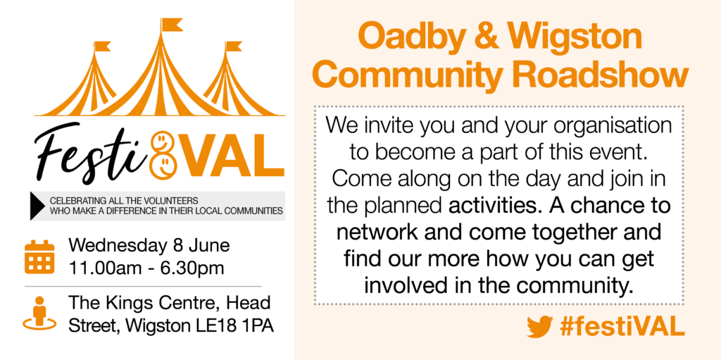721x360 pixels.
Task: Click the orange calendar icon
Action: click(x=39, y=257)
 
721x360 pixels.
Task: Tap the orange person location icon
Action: click(x=39, y=314)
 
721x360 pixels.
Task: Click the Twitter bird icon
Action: click(x=540, y=326)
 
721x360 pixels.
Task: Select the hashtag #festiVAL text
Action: click(x=622, y=326)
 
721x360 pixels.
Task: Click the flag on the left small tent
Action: click(x=102, y=46)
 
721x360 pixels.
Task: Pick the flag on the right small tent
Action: click(x=234, y=46)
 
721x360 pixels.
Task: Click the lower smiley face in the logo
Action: click(x=163, y=164)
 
